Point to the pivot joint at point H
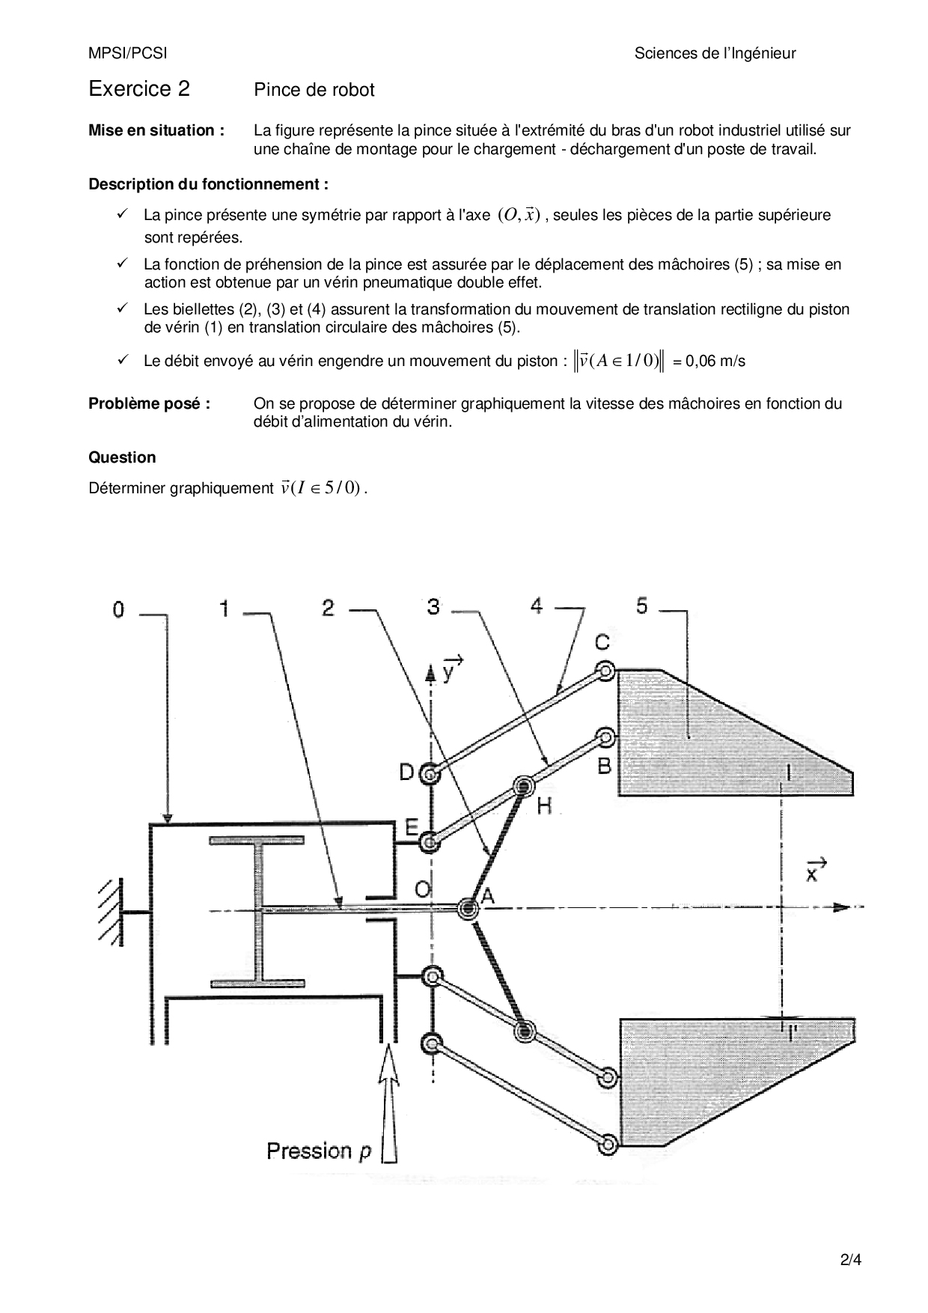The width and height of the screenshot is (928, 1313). pos(523,786)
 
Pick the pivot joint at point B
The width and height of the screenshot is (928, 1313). pos(606,740)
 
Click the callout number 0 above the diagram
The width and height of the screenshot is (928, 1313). pos(118,610)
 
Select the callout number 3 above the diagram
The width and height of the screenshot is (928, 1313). pos(433,606)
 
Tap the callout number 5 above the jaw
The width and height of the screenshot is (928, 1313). pos(642,606)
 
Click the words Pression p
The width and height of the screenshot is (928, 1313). pos(319,1151)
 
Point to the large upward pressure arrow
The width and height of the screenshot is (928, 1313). pos(388,1104)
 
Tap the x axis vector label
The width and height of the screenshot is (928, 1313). pos(815,869)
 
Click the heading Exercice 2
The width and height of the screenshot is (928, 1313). pos(139,89)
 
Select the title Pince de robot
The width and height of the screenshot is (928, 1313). pos(314,91)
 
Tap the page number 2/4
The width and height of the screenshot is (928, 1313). pos(852,1259)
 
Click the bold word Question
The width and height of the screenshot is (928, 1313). pos(123,457)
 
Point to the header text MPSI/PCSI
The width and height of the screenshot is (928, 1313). pos(128,53)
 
